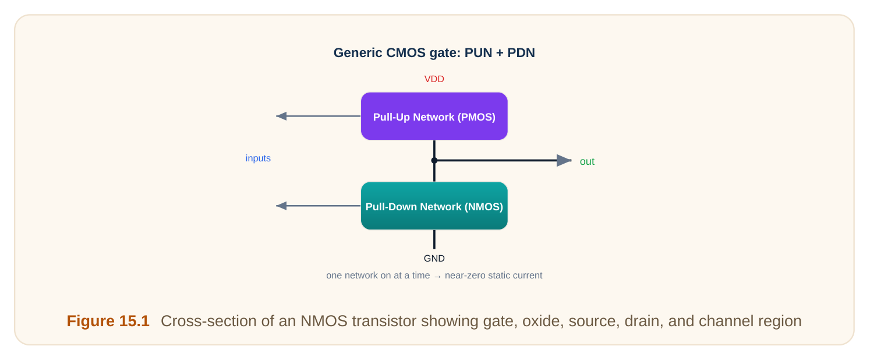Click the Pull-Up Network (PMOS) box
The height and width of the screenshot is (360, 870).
coord(434,116)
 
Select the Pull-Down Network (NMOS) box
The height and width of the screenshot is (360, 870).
coord(434,206)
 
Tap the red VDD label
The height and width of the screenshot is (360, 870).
coord(434,79)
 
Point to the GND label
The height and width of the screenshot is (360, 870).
coord(434,259)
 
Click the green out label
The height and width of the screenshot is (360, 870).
coord(587,161)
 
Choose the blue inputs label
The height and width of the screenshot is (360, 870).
coord(258,158)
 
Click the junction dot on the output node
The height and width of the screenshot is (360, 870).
coord(434,160)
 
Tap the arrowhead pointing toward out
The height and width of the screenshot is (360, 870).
coord(564,160)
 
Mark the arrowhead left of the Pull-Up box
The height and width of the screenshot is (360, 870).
coord(281,116)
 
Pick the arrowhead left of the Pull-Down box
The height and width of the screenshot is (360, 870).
coord(281,206)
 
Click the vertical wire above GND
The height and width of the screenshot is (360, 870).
coord(434,239)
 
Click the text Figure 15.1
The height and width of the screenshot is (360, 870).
coord(108,321)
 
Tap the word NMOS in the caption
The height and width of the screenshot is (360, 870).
coord(324,321)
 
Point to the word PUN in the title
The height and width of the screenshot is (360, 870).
coord(478,53)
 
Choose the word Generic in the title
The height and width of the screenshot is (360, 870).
coord(358,53)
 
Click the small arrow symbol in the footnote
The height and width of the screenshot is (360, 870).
coord(437,276)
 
